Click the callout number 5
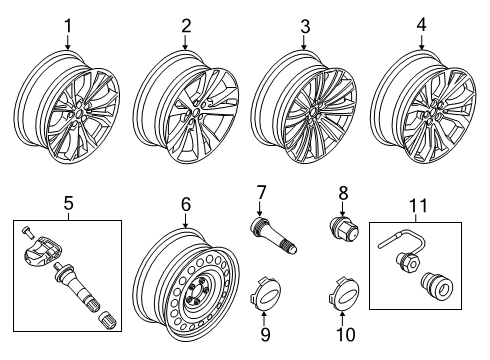[x=68, y=206]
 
